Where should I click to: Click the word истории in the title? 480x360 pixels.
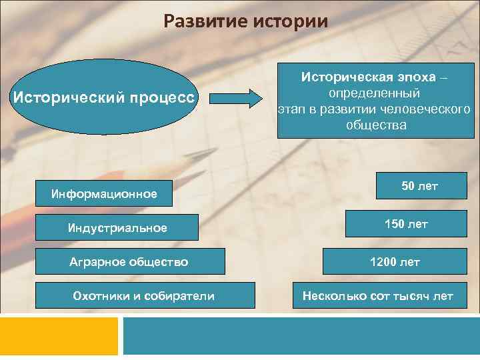(x=291, y=22)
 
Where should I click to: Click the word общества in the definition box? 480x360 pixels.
(x=375, y=125)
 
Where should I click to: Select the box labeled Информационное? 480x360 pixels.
(x=104, y=194)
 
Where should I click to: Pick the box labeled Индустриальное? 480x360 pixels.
(x=117, y=227)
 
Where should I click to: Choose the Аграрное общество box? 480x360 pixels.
(x=129, y=261)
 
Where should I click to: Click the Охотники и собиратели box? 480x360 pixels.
(x=144, y=295)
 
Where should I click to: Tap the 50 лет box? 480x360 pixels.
(x=419, y=187)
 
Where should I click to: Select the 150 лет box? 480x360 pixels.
(x=405, y=225)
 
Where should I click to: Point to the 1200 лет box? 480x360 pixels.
(x=395, y=261)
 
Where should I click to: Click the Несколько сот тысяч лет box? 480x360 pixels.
(x=378, y=295)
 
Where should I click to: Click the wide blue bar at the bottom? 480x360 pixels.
(x=301, y=336)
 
